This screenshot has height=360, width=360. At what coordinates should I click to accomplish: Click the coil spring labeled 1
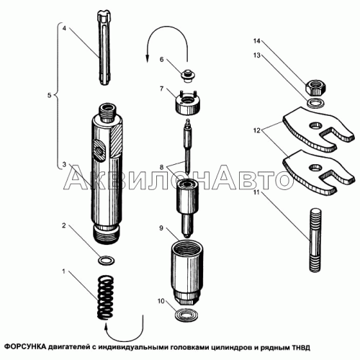click(x=106, y=297)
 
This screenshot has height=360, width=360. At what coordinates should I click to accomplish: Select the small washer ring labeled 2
click(x=107, y=260)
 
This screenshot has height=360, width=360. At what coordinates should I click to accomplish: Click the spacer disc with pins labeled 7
click(x=188, y=102)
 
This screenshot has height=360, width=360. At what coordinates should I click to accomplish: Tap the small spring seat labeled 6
click(x=188, y=76)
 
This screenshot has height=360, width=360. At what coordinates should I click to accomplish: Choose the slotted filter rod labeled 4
click(x=104, y=48)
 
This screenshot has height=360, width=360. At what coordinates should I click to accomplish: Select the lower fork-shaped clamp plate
click(x=318, y=172)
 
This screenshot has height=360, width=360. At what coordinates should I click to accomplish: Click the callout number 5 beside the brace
click(x=49, y=95)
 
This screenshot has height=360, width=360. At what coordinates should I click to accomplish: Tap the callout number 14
click(x=256, y=41)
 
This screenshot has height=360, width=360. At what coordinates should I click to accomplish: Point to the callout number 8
click(x=161, y=167)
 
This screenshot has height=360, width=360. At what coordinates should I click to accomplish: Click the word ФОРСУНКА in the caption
click(x=26, y=347)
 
